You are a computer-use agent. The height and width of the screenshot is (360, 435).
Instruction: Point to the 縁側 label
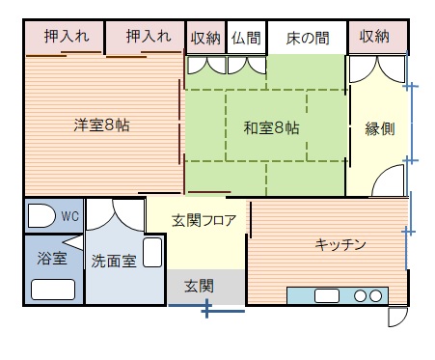point(379,129)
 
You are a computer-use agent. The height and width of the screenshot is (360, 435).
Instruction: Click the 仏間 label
point(246,38)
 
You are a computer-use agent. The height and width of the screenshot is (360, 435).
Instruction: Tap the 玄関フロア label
point(204,221)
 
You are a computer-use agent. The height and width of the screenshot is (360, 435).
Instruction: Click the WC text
point(69,216)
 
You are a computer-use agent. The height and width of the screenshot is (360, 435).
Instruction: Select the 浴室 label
point(50,259)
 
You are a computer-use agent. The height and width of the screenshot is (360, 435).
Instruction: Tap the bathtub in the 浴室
point(53,289)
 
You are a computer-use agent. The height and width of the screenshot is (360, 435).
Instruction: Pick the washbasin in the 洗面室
point(152,253)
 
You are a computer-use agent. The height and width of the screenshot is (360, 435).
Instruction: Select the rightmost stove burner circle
point(375,295)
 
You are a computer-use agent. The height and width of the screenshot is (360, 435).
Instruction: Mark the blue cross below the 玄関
point(205,309)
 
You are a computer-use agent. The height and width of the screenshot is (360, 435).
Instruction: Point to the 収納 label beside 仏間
point(205,38)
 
